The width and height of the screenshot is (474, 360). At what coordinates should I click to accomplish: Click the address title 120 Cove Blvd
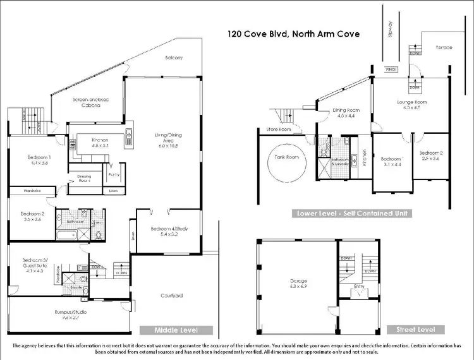pos(295,33)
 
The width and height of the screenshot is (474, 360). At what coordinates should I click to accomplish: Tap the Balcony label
pos(175,58)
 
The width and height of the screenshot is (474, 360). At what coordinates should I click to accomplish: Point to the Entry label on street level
pos(358,286)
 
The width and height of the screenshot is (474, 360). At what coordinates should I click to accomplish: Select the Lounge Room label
pos(411,104)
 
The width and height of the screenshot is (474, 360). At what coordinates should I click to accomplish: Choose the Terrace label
pos(444,47)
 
